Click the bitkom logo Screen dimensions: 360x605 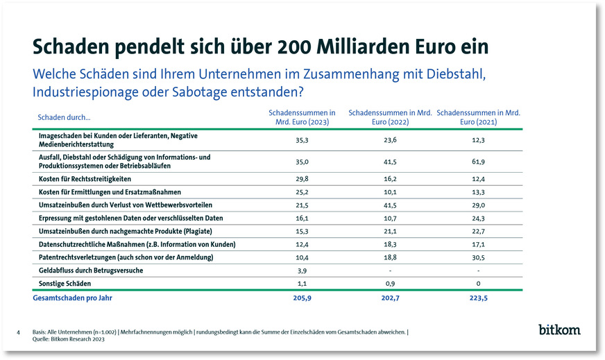(559, 329)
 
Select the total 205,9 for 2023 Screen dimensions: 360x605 (301, 298)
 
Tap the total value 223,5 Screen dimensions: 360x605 (478, 298)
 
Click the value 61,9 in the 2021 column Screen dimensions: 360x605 (478, 162)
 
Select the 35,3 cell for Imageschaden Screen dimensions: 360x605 (301, 139)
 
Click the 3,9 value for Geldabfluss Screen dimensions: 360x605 (301, 271)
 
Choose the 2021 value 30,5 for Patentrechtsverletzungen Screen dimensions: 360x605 (478, 257)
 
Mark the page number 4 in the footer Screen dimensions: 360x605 (18, 333)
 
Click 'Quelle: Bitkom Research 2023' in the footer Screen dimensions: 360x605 (69, 339)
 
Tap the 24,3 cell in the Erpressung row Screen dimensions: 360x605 (478, 218)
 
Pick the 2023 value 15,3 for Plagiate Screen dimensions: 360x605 (301, 231)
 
